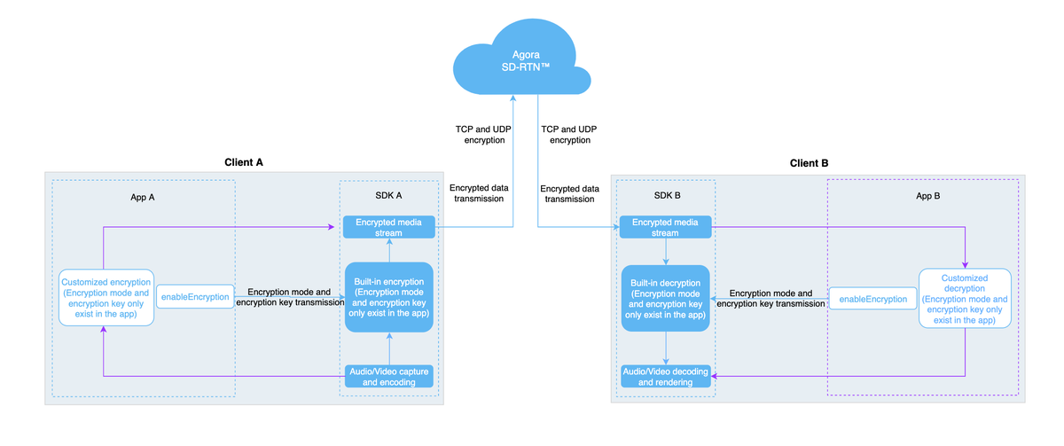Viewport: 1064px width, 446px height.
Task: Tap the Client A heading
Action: pos(244,162)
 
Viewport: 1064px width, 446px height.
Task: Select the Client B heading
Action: pos(809,163)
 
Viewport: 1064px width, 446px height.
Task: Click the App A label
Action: pos(143,197)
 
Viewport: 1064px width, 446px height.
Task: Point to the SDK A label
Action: pos(388,195)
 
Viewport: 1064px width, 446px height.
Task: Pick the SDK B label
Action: pos(667,195)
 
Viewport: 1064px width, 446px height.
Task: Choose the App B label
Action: pos(927,196)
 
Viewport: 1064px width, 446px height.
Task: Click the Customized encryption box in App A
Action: pos(106,297)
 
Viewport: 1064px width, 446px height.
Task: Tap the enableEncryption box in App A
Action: pos(195,297)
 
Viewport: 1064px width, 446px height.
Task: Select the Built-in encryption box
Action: pos(389,297)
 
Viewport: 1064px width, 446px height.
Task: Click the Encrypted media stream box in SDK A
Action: pos(388,227)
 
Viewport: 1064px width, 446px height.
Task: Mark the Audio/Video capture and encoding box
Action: pos(389,377)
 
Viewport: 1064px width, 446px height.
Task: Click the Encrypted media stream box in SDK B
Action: pos(665,227)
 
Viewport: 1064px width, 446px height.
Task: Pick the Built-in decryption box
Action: pos(666,298)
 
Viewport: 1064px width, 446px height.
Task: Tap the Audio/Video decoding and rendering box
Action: pos(666,377)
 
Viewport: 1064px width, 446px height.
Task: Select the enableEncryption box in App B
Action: pos(873,299)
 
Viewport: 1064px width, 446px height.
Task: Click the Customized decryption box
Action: pos(965,299)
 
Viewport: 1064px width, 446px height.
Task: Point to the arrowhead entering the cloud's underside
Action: pos(513,98)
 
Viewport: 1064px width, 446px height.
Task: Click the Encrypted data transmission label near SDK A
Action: pos(479,193)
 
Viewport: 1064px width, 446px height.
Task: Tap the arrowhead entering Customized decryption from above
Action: pos(965,265)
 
